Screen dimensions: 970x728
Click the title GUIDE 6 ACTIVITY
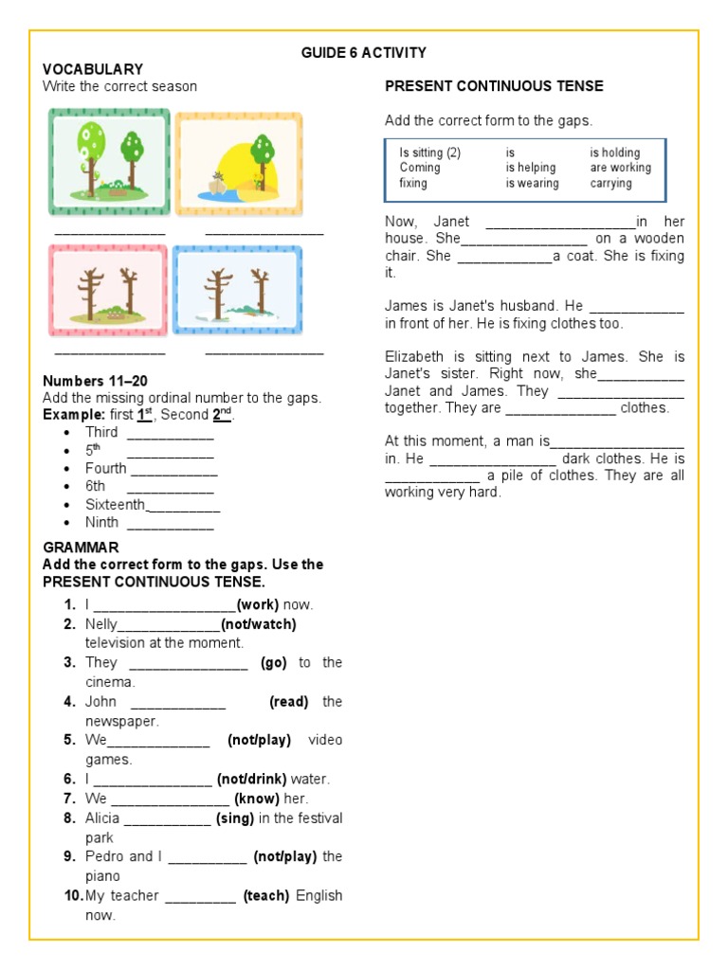tap(363, 53)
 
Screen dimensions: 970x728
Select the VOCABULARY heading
tap(92, 69)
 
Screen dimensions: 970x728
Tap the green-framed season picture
tap(110, 162)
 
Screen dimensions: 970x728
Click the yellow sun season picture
tap(239, 163)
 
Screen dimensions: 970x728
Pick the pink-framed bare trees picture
tap(108, 291)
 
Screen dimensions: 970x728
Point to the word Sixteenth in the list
tap(116, 504)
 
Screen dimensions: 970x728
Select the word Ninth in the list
tap(102, 522)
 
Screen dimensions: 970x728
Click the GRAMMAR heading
tap(81, 548)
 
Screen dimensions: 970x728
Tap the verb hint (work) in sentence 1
tap(257, 604)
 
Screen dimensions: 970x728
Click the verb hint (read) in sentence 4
tap(289, 702)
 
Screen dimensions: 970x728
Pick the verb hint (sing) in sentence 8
tap(235, 818)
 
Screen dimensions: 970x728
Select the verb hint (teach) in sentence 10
tap(266, 896)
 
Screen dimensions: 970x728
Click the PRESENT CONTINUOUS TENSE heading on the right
tap(494, 86)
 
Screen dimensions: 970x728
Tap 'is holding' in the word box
tap(614, 153)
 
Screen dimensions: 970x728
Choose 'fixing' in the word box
tap(413, 183)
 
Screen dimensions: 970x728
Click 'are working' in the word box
tap(620, 168)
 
